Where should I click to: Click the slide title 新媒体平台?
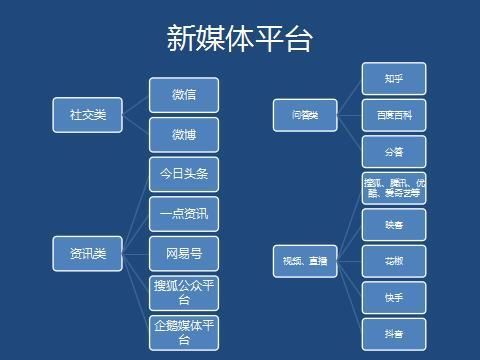(x=240, y=38)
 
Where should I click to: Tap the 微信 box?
(x=183, y=95)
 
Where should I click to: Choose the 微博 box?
(x=183, y=134)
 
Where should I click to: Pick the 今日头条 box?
(x=183, y=173)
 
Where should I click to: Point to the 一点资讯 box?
(x=183, y=213)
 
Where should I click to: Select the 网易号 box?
(x=183, y=253)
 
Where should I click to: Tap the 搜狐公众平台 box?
(x=183, y=292)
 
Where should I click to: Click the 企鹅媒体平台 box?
(x=183, y=332)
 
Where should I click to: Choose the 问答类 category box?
(x=305, y=115)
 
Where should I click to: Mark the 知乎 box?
(x=393, y=78)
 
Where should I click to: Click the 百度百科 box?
(x=393, y=115)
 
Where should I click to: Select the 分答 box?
(x=393, y=152)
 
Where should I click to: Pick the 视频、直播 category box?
(x=305, y=261)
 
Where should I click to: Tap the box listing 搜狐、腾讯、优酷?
(x=393, y=189)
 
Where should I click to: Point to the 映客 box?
(x=393, y=226)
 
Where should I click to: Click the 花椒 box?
(x=393, y=261)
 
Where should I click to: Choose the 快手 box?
(x=393, y=297)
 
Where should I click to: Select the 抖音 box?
(x=393, y=333)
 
